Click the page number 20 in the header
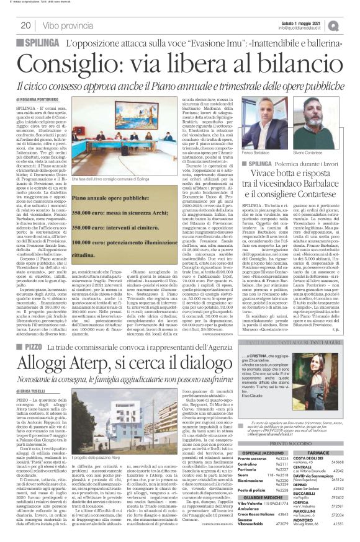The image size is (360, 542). click(25, 25)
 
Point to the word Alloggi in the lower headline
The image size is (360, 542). click(45, 343)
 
